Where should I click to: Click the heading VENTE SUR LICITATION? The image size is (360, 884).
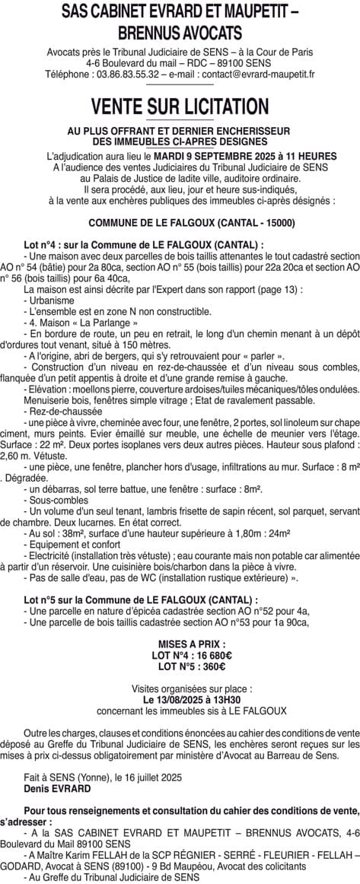click(180, 105)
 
